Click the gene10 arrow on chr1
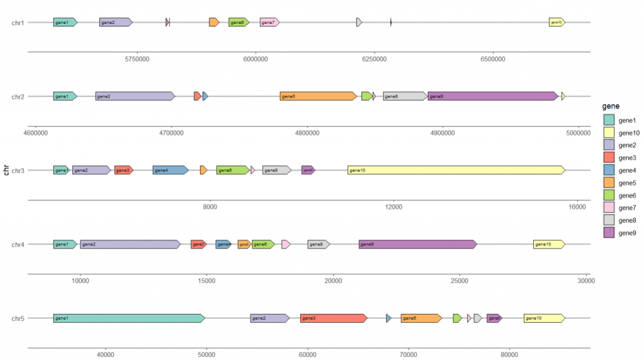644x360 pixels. (557, 23)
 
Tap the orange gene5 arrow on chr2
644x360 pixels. (318, 96)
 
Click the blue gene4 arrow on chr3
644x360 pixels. (170, 170)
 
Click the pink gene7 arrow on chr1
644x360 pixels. (269, 23)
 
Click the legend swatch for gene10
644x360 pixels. (609, 133)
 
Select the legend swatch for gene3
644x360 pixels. (609, 158)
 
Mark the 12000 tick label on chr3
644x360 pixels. (393, 207)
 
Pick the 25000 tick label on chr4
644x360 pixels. (460, 281)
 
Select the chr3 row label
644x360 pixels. (18, 171)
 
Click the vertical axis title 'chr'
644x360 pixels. (5, 170)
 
